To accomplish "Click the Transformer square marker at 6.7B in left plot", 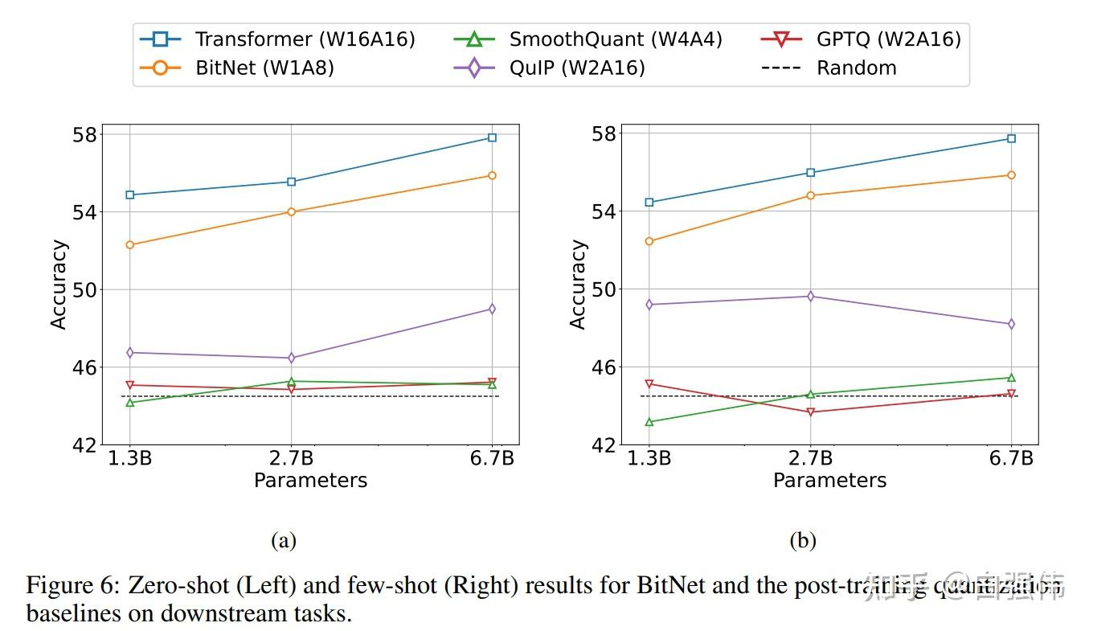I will click(492, 137).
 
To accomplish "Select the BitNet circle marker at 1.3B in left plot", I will click(129, 245).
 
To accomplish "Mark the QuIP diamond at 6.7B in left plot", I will click(492, 309).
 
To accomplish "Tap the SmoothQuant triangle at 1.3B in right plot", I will click(649, 421).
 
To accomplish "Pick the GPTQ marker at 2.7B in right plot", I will click(811, 412).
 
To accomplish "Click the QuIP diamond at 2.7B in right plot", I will click(811, 297).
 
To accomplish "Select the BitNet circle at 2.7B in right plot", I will click(811, 195).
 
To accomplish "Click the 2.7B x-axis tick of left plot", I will click(292, 459).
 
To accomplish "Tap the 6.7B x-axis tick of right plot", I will click(1011, 459).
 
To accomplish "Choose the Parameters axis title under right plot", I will click(829, 481).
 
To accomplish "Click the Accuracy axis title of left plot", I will click(59, 285).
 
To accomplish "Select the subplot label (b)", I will click(803, 541).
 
